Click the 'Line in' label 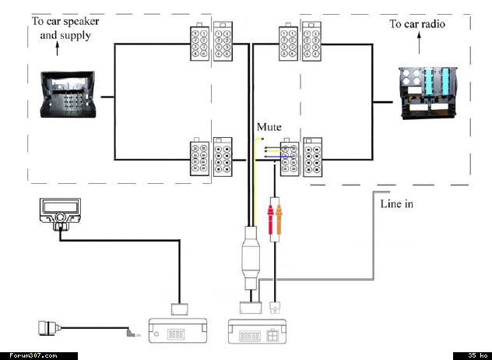coord(397,205)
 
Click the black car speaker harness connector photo coord(70,98)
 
